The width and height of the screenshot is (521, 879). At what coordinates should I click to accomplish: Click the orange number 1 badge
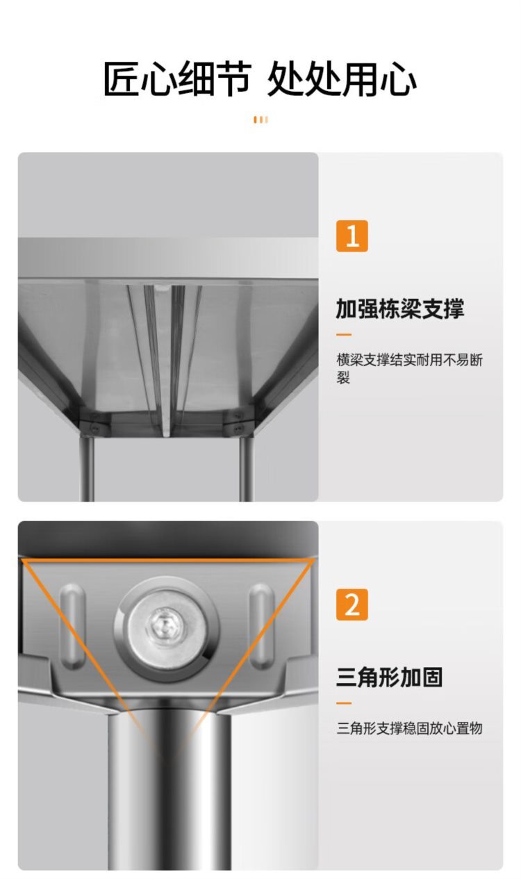[x=352, y=236]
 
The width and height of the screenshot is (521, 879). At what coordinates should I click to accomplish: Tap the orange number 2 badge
[x=352, y=605]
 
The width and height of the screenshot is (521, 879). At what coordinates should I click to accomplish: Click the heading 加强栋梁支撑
[x=400, y=309]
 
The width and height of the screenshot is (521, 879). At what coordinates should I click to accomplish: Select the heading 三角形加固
[x=389, y=677]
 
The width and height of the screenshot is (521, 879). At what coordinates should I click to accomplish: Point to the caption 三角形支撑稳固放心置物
[x=409, y=728]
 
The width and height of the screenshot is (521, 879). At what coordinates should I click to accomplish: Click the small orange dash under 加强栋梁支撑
[x=344, y=335]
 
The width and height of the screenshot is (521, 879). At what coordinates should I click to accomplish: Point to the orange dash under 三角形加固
[x=344, y=703]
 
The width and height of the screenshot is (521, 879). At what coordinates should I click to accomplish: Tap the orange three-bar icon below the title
[x=260, y=120]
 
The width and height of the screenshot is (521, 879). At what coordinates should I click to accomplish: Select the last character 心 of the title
[x=399, y=79]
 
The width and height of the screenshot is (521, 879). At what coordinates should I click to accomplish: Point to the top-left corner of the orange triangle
[x=22, y=560]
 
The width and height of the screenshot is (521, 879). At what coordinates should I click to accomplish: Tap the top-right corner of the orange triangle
[x=313, y=560]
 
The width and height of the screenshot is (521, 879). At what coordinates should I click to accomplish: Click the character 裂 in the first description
[x=343, y=377]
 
